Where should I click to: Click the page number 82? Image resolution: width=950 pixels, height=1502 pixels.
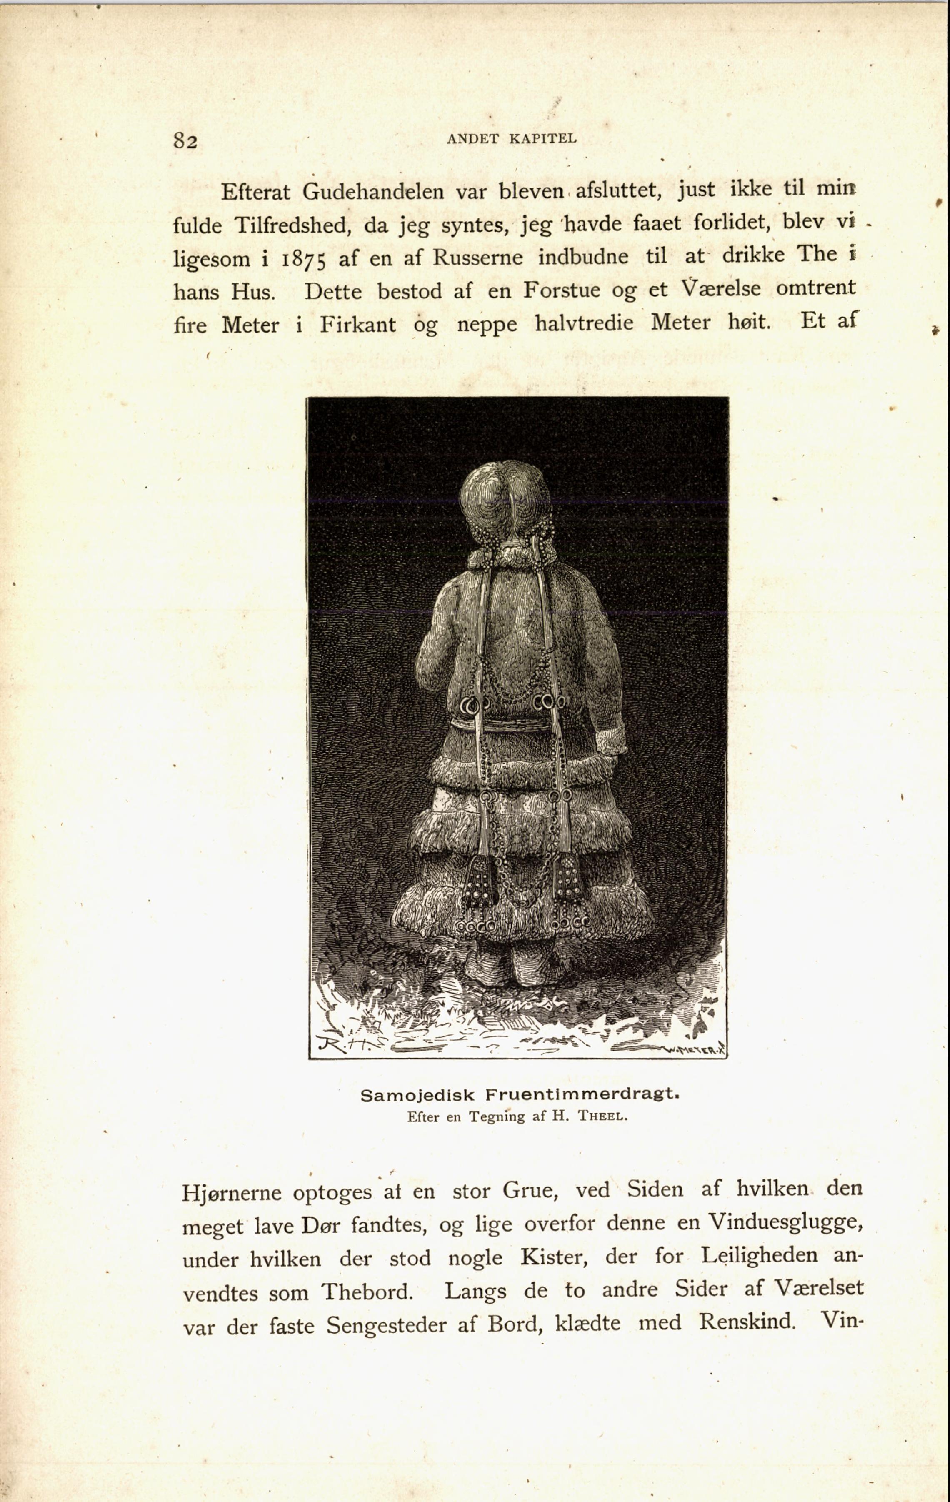click(x=185, y=141)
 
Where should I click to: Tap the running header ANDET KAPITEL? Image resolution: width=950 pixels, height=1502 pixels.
click(x=512, y=138)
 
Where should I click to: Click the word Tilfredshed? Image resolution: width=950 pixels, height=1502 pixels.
click(x=291, y=225)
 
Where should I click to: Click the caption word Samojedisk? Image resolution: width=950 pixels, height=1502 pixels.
click(x=418, y=1095)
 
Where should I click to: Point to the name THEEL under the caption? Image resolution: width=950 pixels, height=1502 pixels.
click(x=602, y=1116)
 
